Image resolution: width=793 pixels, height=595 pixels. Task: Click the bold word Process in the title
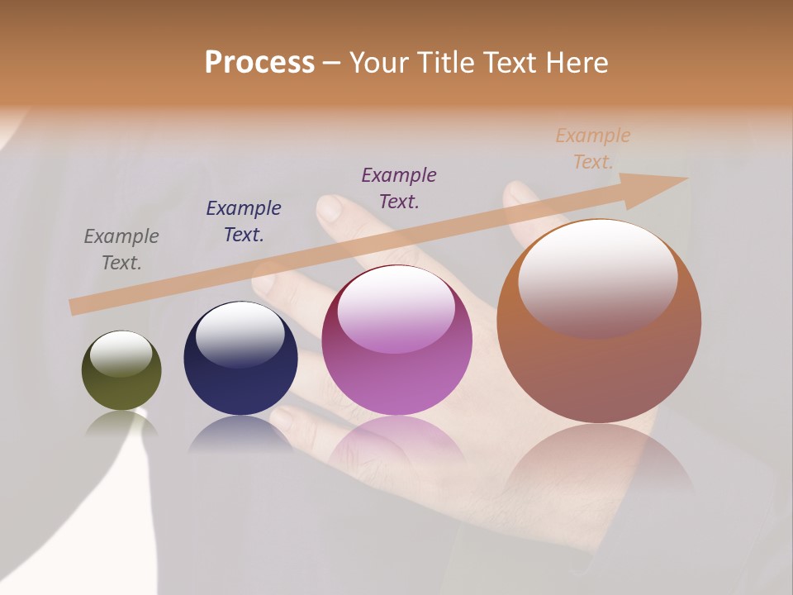259,63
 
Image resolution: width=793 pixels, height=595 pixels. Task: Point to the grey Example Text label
121,249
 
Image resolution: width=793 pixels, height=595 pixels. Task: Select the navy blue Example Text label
244,221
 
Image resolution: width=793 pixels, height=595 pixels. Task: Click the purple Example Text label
399,188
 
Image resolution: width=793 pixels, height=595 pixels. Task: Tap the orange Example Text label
593,148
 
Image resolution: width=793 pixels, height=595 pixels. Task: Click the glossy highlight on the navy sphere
240,333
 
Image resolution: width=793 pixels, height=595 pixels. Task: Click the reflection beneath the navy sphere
240,434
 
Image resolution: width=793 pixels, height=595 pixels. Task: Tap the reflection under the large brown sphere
599,463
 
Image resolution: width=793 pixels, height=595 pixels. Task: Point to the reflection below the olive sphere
121,423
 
